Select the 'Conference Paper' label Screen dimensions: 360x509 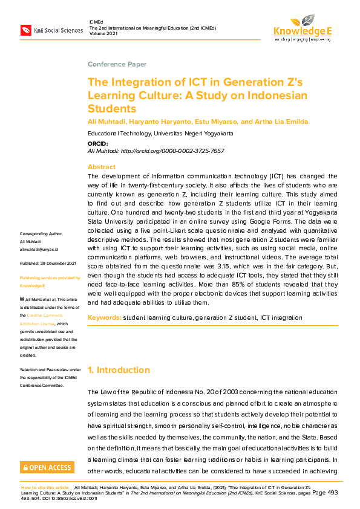pos(117,64)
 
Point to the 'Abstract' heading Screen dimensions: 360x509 pos(102,167)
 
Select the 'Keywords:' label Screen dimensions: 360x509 pos(104,317)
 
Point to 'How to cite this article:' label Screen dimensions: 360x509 pos(45,487)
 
